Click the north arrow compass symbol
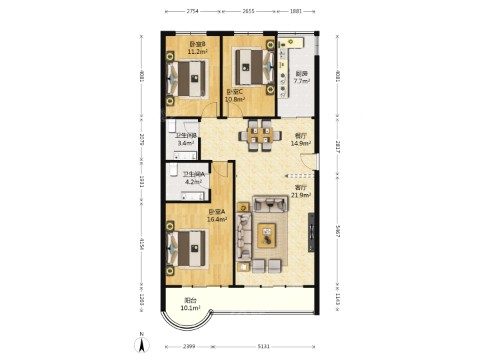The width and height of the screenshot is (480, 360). tap(142, 344)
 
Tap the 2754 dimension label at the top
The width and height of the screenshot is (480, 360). tap(193, 11)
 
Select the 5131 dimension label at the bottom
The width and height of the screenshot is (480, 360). tap(263, 346)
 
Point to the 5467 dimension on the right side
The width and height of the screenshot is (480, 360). tap(337, 231)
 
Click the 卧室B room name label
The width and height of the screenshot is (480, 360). tap(197, 44)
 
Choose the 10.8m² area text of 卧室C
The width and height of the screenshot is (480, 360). tap(235, 99)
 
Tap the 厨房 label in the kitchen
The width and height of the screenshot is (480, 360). tap(301, 73)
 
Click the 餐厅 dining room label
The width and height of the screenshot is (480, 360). tap(301, 135)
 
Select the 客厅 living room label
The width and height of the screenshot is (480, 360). tap(301, 187)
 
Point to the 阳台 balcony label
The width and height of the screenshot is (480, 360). tap(191, 301)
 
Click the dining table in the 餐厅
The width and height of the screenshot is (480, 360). tap(260, 135)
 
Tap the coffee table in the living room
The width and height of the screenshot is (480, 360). tap(266, 235)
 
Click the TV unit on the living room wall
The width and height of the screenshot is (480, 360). tap(311, 233)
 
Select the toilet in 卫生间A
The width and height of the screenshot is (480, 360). tap(173, 169)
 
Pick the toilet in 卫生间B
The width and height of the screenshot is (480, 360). tap(172, 125)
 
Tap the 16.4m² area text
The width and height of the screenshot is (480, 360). tap(217, 219)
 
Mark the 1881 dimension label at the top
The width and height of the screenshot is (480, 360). tap(296, 11)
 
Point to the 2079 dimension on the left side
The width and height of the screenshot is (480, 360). tap(142, 139)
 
